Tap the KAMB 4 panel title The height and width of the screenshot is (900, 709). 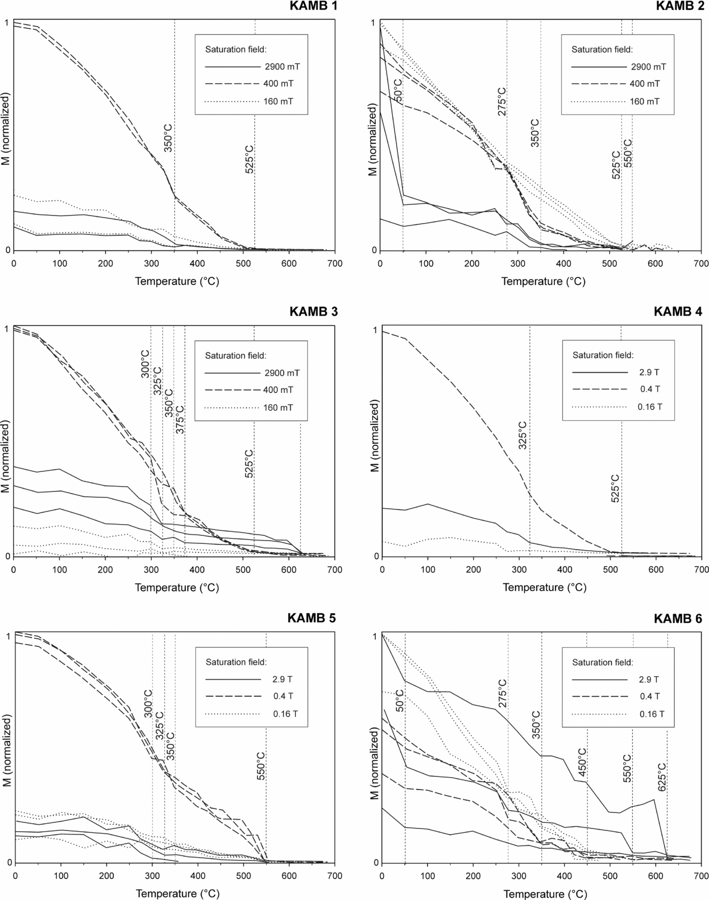click(678, 311)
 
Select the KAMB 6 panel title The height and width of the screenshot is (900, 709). click(678, 618)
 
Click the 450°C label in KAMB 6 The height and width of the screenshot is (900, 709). click(582, 762)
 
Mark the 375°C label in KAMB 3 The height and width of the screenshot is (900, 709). click(180, 419)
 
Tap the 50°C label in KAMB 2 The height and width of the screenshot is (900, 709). click(398, 91)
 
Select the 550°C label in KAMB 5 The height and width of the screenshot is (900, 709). click(261, 767)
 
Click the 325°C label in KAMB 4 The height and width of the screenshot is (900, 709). click(523, 435)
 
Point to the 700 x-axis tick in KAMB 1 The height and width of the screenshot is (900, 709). click(334, 263)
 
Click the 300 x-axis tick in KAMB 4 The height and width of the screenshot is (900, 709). click(519, 569)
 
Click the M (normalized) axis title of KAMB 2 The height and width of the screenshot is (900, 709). click(374, 135)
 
